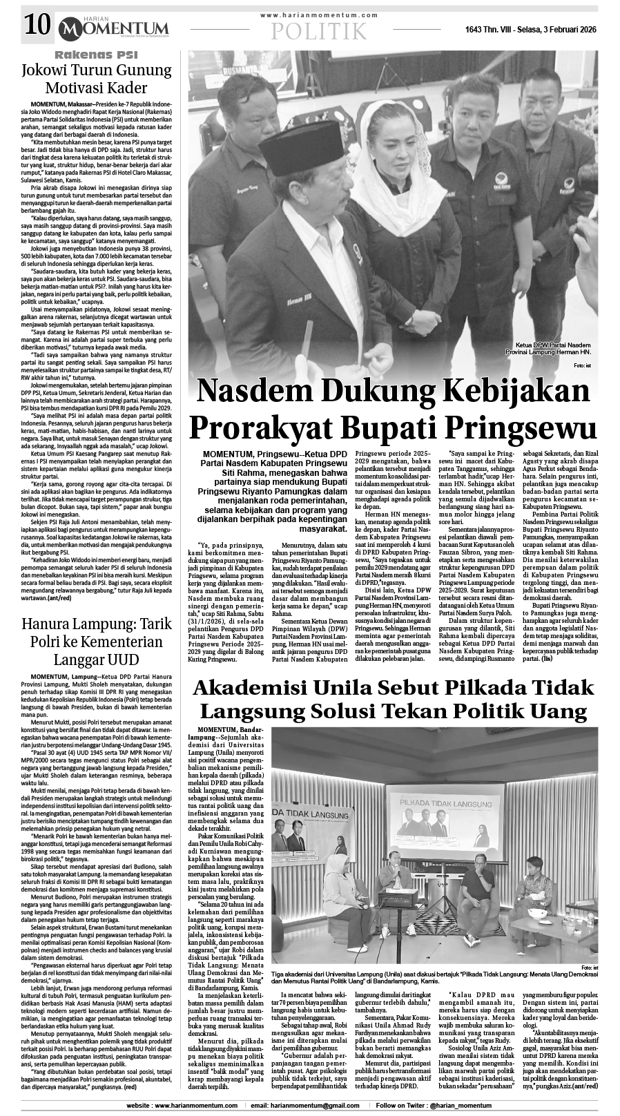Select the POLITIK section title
(319, 30)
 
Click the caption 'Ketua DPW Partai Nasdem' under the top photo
(552, 345)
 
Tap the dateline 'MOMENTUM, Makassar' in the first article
(61, 102)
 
